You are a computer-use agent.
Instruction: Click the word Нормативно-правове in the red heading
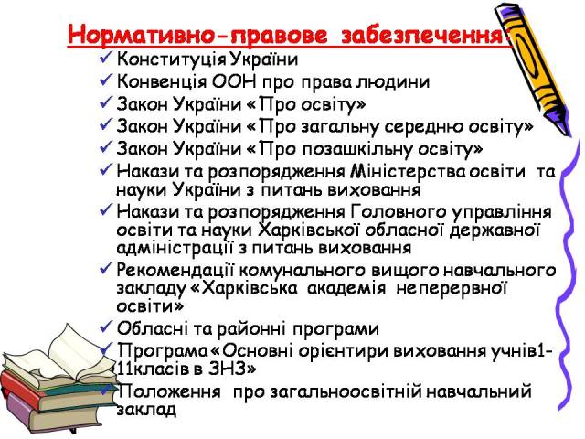point(197,35)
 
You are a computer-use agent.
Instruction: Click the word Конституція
point(171,59)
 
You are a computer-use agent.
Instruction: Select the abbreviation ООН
point(234,81)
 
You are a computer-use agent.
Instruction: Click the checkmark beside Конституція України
point(106,59)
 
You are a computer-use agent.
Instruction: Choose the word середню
point(423,127)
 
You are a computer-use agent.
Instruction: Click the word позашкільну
point(356,149)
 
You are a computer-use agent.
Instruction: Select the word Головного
point(399,212)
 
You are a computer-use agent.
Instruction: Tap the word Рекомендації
point(175,271)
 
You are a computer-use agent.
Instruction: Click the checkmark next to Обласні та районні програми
point(106,327)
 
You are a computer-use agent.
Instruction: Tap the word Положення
point(169,391)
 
